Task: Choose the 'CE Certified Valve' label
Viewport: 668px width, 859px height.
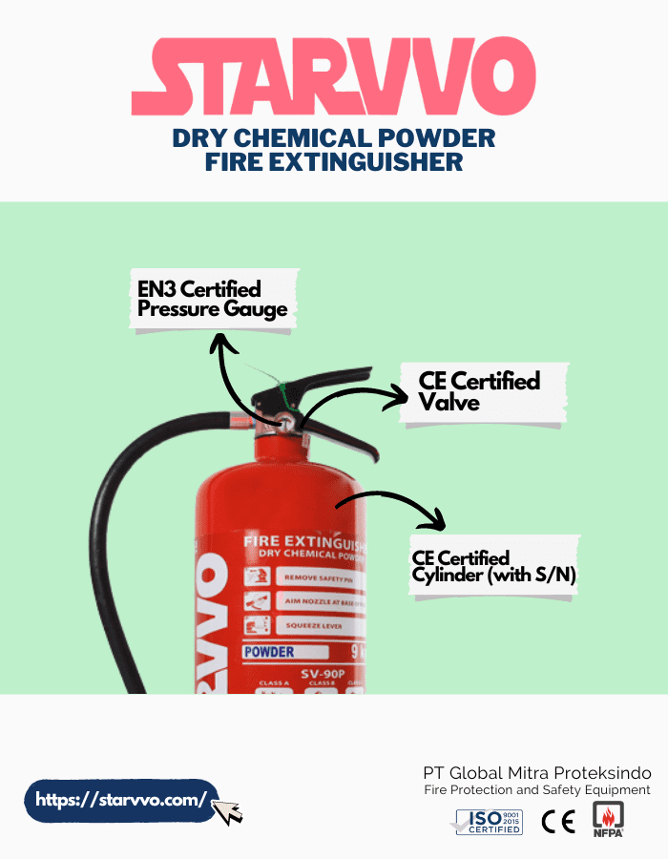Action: click(479, 391)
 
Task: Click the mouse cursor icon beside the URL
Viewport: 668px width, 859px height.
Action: click(227, 811)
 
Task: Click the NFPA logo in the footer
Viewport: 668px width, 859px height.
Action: click(608, 819)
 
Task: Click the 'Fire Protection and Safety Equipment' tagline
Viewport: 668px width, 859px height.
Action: click(537, 790)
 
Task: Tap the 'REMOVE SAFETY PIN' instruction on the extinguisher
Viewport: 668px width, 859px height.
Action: click(318, 577)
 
